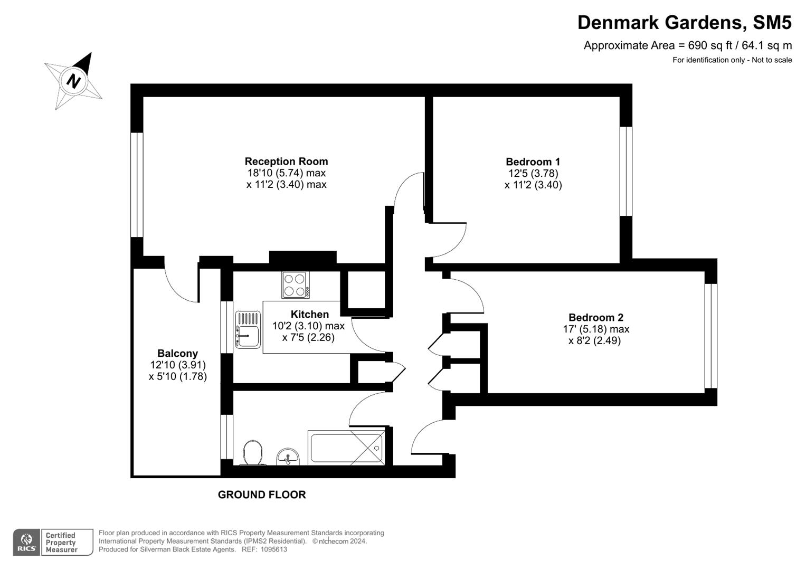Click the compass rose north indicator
(x=74, y=81)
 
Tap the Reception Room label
(x=286, y=161)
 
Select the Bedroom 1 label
(x=533, y=162)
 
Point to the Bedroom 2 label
(x=595, y=317)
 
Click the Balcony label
(x=177, y=354)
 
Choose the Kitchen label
(x=309, y=315)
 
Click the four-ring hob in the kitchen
(x=296, y=284)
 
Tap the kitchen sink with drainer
(x=248, y=330)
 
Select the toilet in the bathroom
(x=253, y=453)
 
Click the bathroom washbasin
(x=288, y=457)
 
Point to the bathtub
(x=346, y=448)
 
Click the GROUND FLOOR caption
(x=262, y=495)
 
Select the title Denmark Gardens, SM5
(x=684, y=23)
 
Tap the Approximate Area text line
(x=687, y=45)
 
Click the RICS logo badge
(x=27, y=542)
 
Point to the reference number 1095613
(x=272, y=549)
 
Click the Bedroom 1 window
(x=625, y=171)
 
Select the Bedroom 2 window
(x=710, y=336)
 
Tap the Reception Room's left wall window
(x=137, y=184)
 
